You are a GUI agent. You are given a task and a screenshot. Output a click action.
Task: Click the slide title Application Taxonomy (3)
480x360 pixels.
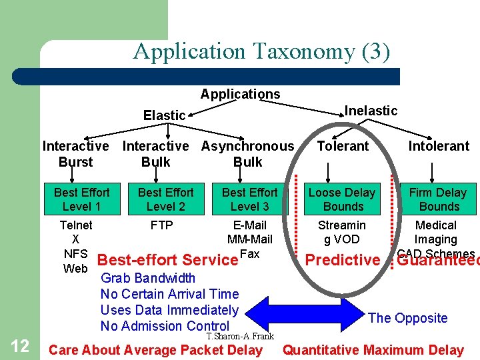261,51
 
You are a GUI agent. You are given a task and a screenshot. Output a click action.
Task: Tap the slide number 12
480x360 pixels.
21,345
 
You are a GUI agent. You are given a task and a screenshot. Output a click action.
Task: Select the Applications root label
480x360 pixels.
240,94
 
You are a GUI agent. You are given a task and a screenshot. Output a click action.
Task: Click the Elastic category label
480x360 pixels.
164,115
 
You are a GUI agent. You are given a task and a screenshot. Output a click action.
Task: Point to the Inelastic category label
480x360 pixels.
371,111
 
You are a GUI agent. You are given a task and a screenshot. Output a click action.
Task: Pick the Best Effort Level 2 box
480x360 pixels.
165,199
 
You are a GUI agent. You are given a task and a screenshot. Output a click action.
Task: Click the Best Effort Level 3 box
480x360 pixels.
249,199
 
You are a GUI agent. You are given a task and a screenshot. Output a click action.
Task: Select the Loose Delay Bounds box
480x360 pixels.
341,199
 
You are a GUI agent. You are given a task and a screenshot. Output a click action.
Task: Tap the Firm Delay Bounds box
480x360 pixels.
438,199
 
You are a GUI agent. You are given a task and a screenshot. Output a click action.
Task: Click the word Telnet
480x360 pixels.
76,225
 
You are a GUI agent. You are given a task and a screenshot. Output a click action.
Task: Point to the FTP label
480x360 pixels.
161,225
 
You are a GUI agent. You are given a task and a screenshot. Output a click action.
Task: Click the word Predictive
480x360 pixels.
341,260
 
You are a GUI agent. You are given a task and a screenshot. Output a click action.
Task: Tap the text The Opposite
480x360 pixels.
407,318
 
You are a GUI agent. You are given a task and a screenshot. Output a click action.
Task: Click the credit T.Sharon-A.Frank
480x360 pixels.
240,337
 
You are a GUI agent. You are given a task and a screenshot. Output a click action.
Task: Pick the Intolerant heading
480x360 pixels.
438,146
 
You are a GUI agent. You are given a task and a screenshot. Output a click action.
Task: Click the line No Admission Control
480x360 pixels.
165,326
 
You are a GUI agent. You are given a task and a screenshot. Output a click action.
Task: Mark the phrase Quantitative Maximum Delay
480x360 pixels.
373,350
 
